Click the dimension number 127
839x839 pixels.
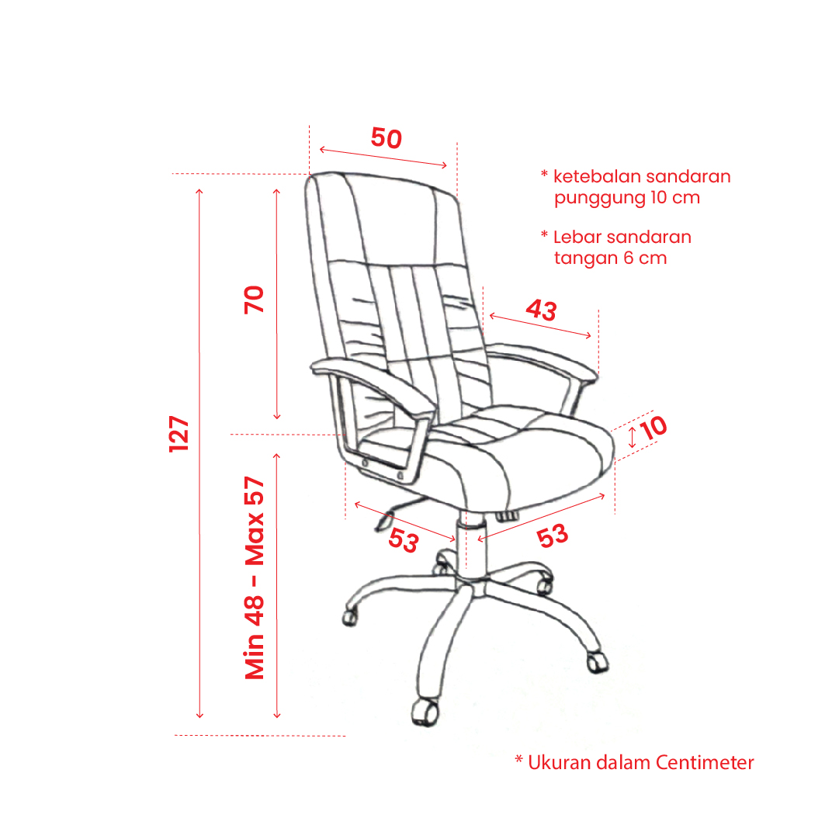click(x=179, y=433)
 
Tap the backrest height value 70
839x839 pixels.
click(x=254, y=300)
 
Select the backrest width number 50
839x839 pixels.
click(x=387, y=138)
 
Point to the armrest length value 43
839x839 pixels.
click(x=542, y=310)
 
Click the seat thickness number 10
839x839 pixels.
click(x=654, y=428)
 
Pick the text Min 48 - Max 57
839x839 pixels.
click(x=255, y=578)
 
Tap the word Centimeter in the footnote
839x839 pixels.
click(x=705, y=762)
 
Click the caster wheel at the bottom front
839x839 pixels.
click(x=425, y=712)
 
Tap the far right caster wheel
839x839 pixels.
click(x=598, y=662)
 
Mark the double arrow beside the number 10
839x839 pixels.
click(x=632, y=437)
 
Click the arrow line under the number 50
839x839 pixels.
click(x=383, y=158)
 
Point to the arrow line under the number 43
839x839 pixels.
click(x=540, y=326)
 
